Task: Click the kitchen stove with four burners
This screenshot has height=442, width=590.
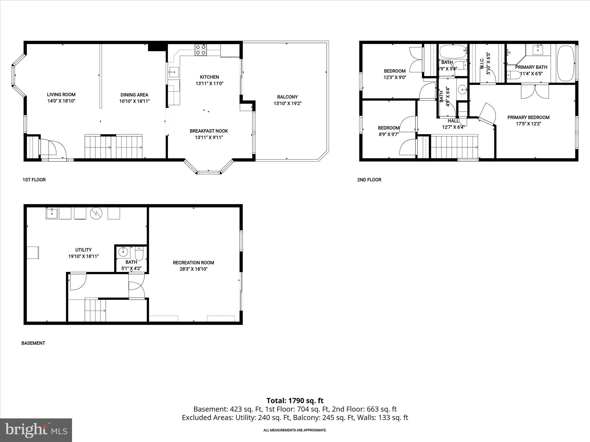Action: pos(201,50)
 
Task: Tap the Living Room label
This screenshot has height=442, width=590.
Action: pos(61,94)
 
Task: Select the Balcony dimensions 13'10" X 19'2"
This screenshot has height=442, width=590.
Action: pos(287,103)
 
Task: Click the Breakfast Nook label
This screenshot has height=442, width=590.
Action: pos(209,131)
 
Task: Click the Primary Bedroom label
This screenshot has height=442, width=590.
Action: pos(528,117)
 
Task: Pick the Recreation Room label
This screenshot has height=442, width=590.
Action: pos(193,262)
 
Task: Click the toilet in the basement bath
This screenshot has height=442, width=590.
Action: pos(139,254)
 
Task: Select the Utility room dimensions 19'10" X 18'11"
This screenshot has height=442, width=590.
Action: pos(84,256)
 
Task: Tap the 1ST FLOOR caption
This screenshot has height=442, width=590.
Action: pos(34,180)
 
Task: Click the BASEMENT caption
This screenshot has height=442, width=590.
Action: pos(33,343)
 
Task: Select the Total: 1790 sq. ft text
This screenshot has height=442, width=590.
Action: pos(295,401)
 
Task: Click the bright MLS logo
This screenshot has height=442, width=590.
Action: pos(36,430)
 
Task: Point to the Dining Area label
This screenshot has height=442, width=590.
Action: pos(134,95)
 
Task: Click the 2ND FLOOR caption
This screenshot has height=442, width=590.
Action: pos(369,180)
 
